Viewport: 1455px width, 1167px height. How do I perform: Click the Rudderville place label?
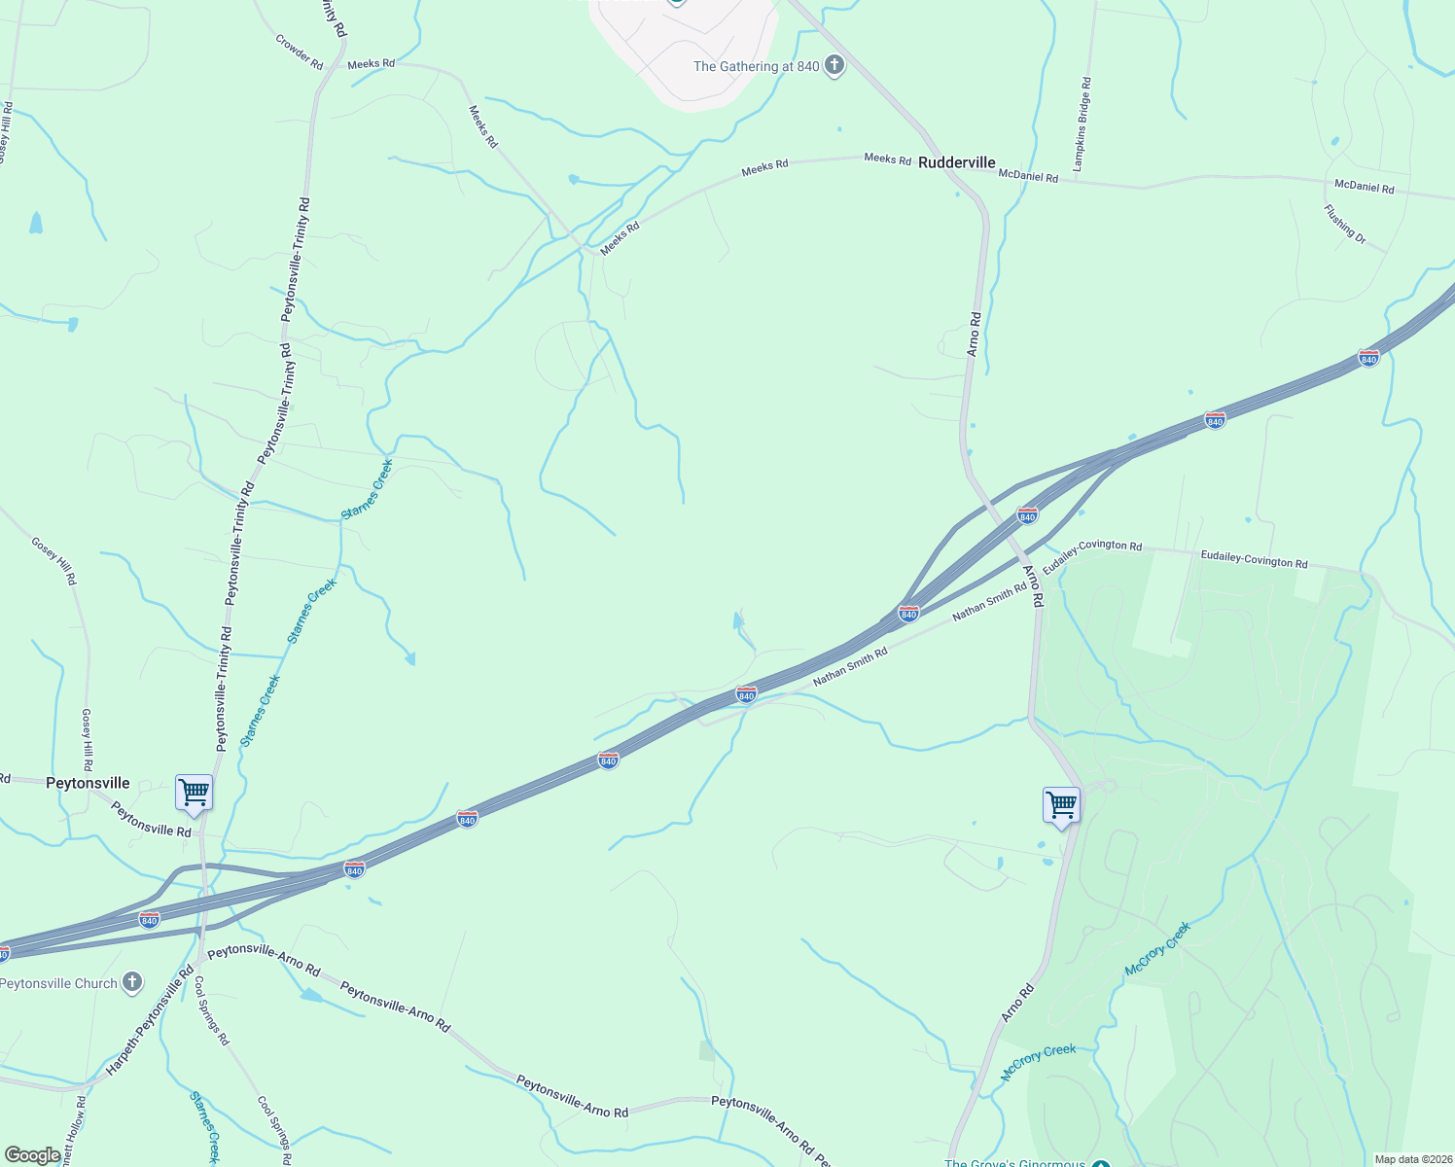[956, 162]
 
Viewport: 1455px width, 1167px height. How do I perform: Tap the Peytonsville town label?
[88, 783]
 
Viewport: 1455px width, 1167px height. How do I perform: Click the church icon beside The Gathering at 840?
[834, 66]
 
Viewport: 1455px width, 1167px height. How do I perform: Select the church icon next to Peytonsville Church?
[132, 983]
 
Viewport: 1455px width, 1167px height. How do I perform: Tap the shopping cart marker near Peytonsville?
[194, 792]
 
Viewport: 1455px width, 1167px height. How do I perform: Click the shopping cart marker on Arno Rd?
[1061, 804]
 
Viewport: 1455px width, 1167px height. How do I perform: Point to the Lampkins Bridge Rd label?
[1082, 125]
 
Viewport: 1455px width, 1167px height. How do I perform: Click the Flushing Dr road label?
[1344, 224]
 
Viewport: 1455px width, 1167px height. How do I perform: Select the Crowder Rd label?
[299, 52]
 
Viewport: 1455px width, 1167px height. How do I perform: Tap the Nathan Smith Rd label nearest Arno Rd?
[989, 602]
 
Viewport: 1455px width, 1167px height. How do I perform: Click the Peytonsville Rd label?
[151, 819]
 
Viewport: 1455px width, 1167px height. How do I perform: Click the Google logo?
[33, 1155]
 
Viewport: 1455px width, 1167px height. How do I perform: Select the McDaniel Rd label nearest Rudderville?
[1028, 176]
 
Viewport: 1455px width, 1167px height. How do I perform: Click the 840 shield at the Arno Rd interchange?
[1027, 513]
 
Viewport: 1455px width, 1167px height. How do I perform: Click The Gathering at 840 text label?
[756, 66]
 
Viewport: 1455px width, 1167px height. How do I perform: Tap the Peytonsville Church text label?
[58, 983]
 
